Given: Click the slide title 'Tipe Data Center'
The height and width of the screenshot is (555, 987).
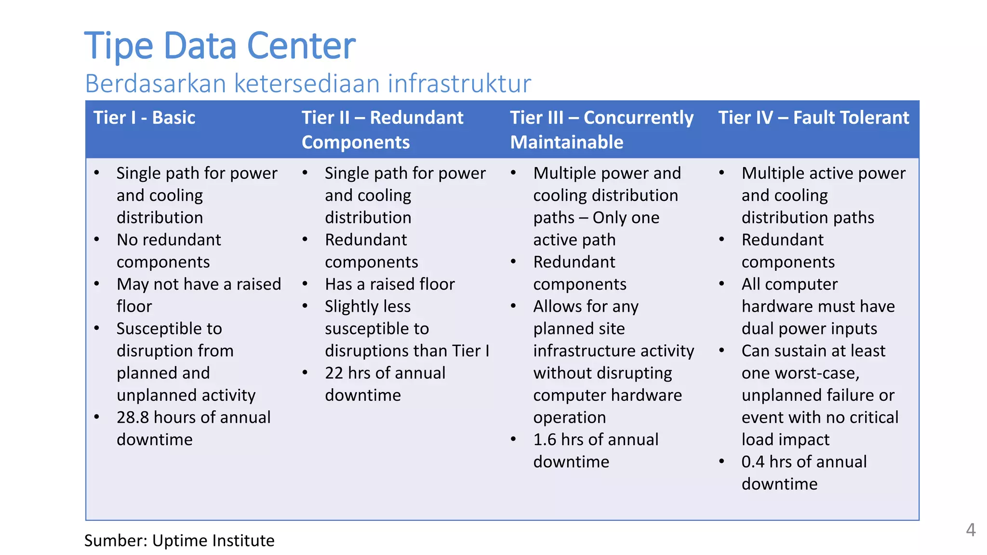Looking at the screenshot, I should [x=220, y=46].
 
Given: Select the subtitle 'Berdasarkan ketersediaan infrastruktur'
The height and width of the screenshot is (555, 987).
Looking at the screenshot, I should [x=308, y=83].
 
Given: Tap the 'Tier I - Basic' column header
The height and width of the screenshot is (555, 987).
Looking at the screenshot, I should [x=144, y=118].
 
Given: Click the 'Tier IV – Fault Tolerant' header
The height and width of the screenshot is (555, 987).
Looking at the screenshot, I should [x=814, y=118].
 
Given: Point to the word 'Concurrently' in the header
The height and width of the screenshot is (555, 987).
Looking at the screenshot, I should [x=639, y=118].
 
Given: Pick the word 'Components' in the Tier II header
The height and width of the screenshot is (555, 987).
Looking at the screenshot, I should [x=356, y=143].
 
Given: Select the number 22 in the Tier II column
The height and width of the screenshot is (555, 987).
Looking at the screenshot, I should [x=334, y=373].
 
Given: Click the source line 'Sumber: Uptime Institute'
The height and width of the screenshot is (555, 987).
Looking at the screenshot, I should [x=179, y=541].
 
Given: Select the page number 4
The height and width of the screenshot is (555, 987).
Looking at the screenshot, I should [x=971, y=530].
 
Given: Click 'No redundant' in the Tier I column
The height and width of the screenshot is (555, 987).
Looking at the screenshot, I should [x=169, y=240].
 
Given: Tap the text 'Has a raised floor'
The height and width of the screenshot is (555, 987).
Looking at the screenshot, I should [x=389, y=284].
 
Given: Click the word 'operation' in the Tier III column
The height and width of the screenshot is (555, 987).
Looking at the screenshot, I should [x=569, y=418].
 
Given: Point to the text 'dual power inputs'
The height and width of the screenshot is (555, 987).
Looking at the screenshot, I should [x=809, y=329].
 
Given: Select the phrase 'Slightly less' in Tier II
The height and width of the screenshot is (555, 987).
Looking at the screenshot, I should [x=368, y=306].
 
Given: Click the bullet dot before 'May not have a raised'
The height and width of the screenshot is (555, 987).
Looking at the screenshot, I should [x=97, y=284].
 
